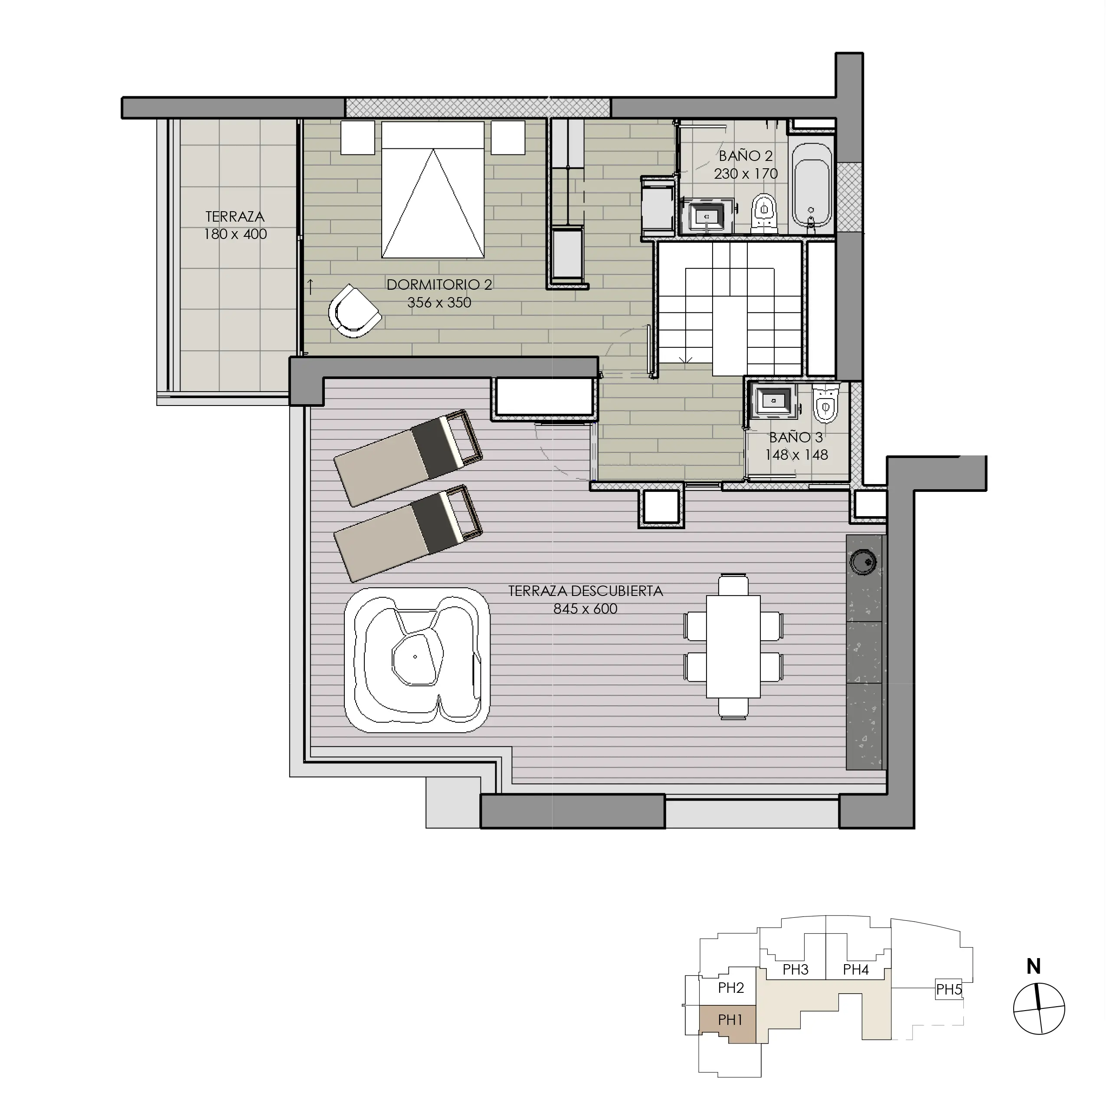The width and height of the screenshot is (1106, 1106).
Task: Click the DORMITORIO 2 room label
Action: click(x=439, y=285)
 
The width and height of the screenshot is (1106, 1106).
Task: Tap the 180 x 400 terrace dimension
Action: click(x=235, y=234)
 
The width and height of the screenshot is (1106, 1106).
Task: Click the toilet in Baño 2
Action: click(x=764, y=213)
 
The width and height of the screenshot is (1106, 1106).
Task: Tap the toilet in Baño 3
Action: click(x=825, y=404)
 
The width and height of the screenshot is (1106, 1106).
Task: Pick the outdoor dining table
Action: click(x=733, y=647)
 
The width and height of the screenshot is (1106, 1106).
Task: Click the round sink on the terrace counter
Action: click(x=863, y=562)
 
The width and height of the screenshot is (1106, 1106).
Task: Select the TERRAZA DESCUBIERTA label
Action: click(x=585, y=591)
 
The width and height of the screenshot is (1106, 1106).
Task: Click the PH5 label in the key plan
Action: click(x=948, y=989)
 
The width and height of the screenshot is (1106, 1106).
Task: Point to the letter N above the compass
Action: click(x=1033, y=967)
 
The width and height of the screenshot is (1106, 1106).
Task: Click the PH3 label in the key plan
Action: click(x=795, y=969)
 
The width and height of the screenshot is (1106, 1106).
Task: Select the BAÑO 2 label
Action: click(x=745, y=156)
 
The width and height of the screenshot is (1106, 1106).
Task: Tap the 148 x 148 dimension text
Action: click(x=796, y=455)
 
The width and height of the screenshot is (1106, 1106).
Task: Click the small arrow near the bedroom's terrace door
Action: click(x=310, y=286)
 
